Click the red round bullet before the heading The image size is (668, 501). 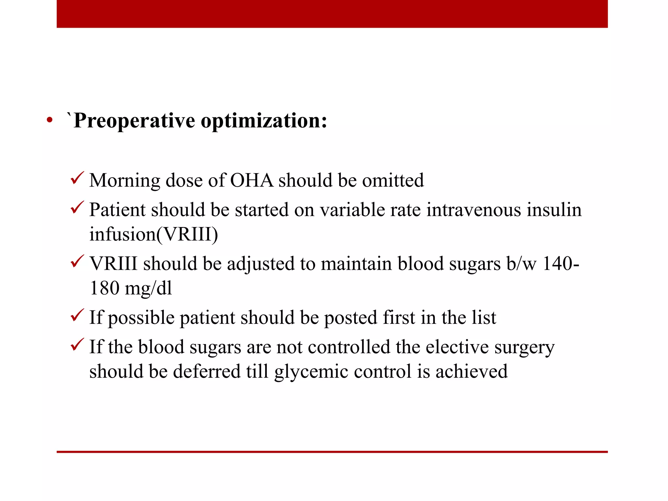50,120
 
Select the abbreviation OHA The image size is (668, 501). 251,180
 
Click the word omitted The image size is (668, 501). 393,180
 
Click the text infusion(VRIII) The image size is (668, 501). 154,234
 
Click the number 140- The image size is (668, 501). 560,264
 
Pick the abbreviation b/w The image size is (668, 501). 521,264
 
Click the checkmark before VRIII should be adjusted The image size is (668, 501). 77,262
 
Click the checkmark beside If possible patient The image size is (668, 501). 77,315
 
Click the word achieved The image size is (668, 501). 471,372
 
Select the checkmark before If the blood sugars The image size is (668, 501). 77,345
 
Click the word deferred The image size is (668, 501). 206,372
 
